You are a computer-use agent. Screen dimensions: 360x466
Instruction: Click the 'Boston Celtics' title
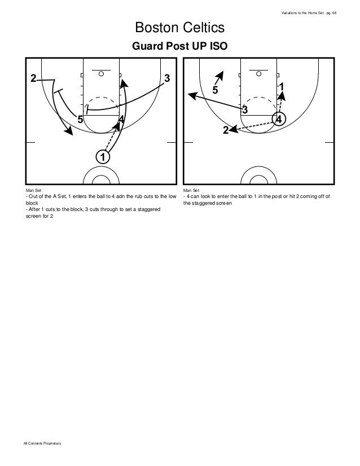pyautogui.click(x=179, y=28)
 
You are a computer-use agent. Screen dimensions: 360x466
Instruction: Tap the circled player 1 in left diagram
pyautogui.click(x=102, y=156)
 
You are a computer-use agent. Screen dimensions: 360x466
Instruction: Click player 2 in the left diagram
pyautogui.click(x=33, y=78)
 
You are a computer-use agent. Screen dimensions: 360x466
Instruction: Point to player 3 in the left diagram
pyautogui.click(x=167, y=78)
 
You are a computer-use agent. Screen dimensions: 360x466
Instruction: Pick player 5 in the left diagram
pyautogui.click(x=80, y=120)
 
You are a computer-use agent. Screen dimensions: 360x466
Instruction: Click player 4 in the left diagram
pyautogui.click(x=121, y=120)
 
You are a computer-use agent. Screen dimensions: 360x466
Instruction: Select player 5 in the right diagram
pyautogui.click(x=215, y=90)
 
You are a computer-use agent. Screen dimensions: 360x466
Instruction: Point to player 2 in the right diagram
pyautogui.click(x=226, y=130)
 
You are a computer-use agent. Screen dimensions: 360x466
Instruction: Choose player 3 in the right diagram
pyautogui.click(x=245, y=109)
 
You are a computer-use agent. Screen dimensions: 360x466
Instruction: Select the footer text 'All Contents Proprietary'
pyautogui.click(x=42, y=446)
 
